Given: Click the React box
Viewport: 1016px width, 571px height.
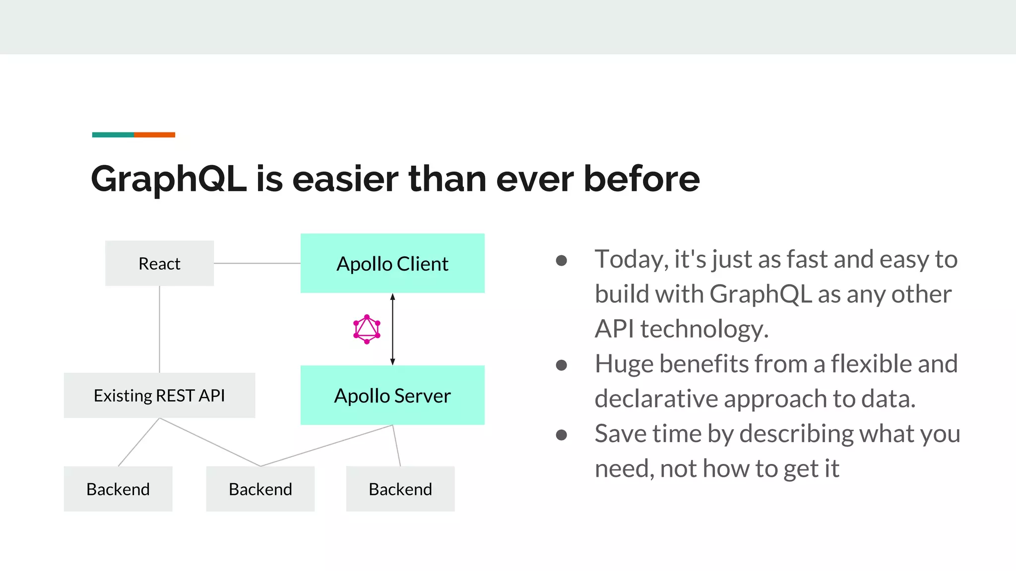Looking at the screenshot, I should [x=159, y=263].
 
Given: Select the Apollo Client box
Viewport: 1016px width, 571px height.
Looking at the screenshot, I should [x=392, y=263].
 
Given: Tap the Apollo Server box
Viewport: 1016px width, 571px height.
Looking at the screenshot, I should [x=392, y=395].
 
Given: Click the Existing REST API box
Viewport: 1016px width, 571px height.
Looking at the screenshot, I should [x=159, y=395].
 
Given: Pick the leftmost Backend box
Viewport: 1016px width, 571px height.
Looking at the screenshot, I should [x=118, y=489].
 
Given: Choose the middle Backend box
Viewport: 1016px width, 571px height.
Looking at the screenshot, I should [x=260, y=489].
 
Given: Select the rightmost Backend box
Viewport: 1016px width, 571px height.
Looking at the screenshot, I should [x=400, y=489].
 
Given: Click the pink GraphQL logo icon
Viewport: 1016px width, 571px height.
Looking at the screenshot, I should [x=367, y=329].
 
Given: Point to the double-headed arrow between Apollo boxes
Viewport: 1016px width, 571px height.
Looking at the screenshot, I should [x=392, y=329].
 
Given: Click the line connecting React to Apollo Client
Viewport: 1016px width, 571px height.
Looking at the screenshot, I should [x=257, y=263].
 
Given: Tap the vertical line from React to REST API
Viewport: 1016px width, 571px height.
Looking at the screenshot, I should [x=159, y=329].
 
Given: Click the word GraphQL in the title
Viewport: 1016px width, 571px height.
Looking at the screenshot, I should [x=169, y=179].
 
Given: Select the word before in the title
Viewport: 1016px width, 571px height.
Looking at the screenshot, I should [x=641, y=178].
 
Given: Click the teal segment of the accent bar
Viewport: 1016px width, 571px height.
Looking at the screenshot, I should [x=113, y=135].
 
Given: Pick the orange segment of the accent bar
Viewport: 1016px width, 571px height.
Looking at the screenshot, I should [x=154, y=135].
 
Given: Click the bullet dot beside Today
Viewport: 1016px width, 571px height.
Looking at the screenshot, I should [x=561, y=261].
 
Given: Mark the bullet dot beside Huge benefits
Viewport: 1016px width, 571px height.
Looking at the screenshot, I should [x=561, y=365].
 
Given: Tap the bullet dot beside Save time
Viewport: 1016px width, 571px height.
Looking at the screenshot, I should [x=561, y=435].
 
